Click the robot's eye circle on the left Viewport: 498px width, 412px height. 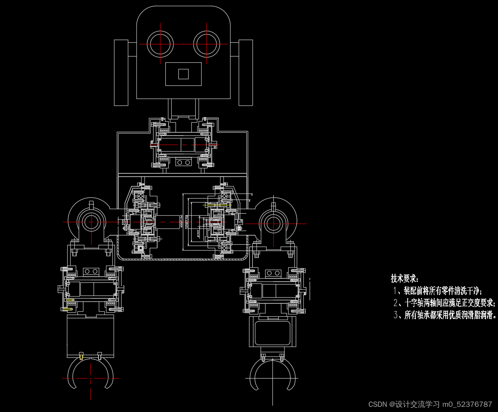(161, 44)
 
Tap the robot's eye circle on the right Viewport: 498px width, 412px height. (207, 44)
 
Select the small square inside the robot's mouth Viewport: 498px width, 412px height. (183, 74)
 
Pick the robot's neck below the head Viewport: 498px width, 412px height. (183, 109)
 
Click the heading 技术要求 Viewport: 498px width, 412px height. (405, 279)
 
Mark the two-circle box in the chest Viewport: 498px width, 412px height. (183, 162)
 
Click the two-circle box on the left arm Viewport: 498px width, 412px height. (91, 271)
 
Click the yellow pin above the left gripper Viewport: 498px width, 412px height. (81, 356)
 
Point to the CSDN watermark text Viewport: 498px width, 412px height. (430, 405)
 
